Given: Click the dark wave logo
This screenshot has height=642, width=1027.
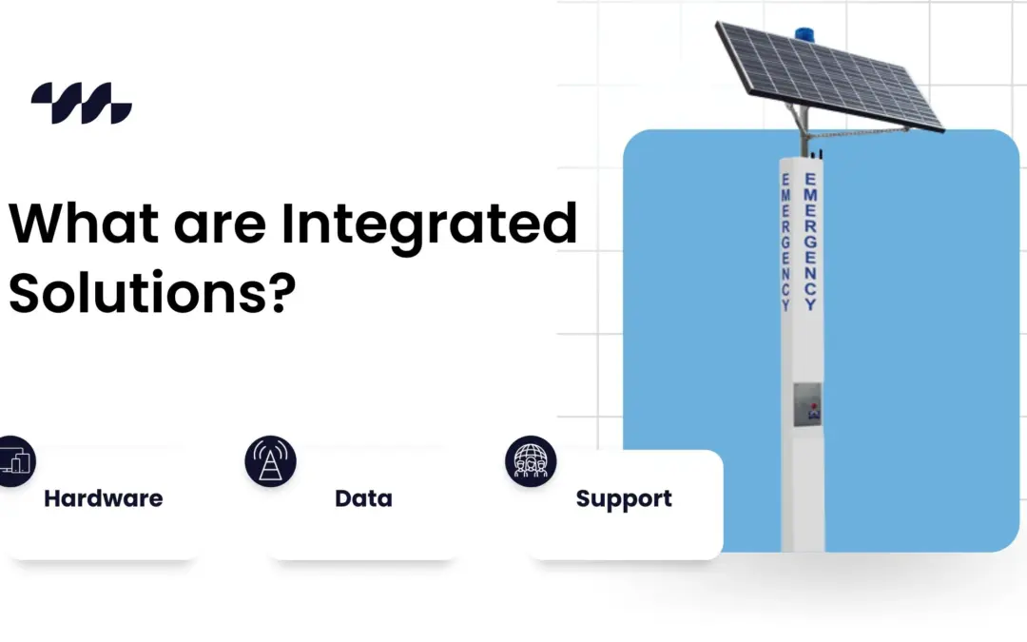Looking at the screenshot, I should click(81, 103).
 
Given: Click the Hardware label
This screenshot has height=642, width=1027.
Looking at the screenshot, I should click(103, 498).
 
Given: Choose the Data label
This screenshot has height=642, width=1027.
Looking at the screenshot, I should click(363, 498).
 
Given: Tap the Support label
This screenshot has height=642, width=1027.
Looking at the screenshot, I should click(624, 498).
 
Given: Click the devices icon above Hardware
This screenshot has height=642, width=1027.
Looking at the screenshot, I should click(13, 460).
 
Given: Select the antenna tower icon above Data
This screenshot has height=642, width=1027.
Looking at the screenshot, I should click(270, 460).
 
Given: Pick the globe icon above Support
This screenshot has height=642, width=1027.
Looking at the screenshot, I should click(530, 461).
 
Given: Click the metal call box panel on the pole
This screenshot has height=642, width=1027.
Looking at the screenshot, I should click(807, 403).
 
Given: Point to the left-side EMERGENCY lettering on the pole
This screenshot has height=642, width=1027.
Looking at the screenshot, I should click(785, 243).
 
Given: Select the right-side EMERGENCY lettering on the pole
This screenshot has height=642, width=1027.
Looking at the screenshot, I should click(810, 242).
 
